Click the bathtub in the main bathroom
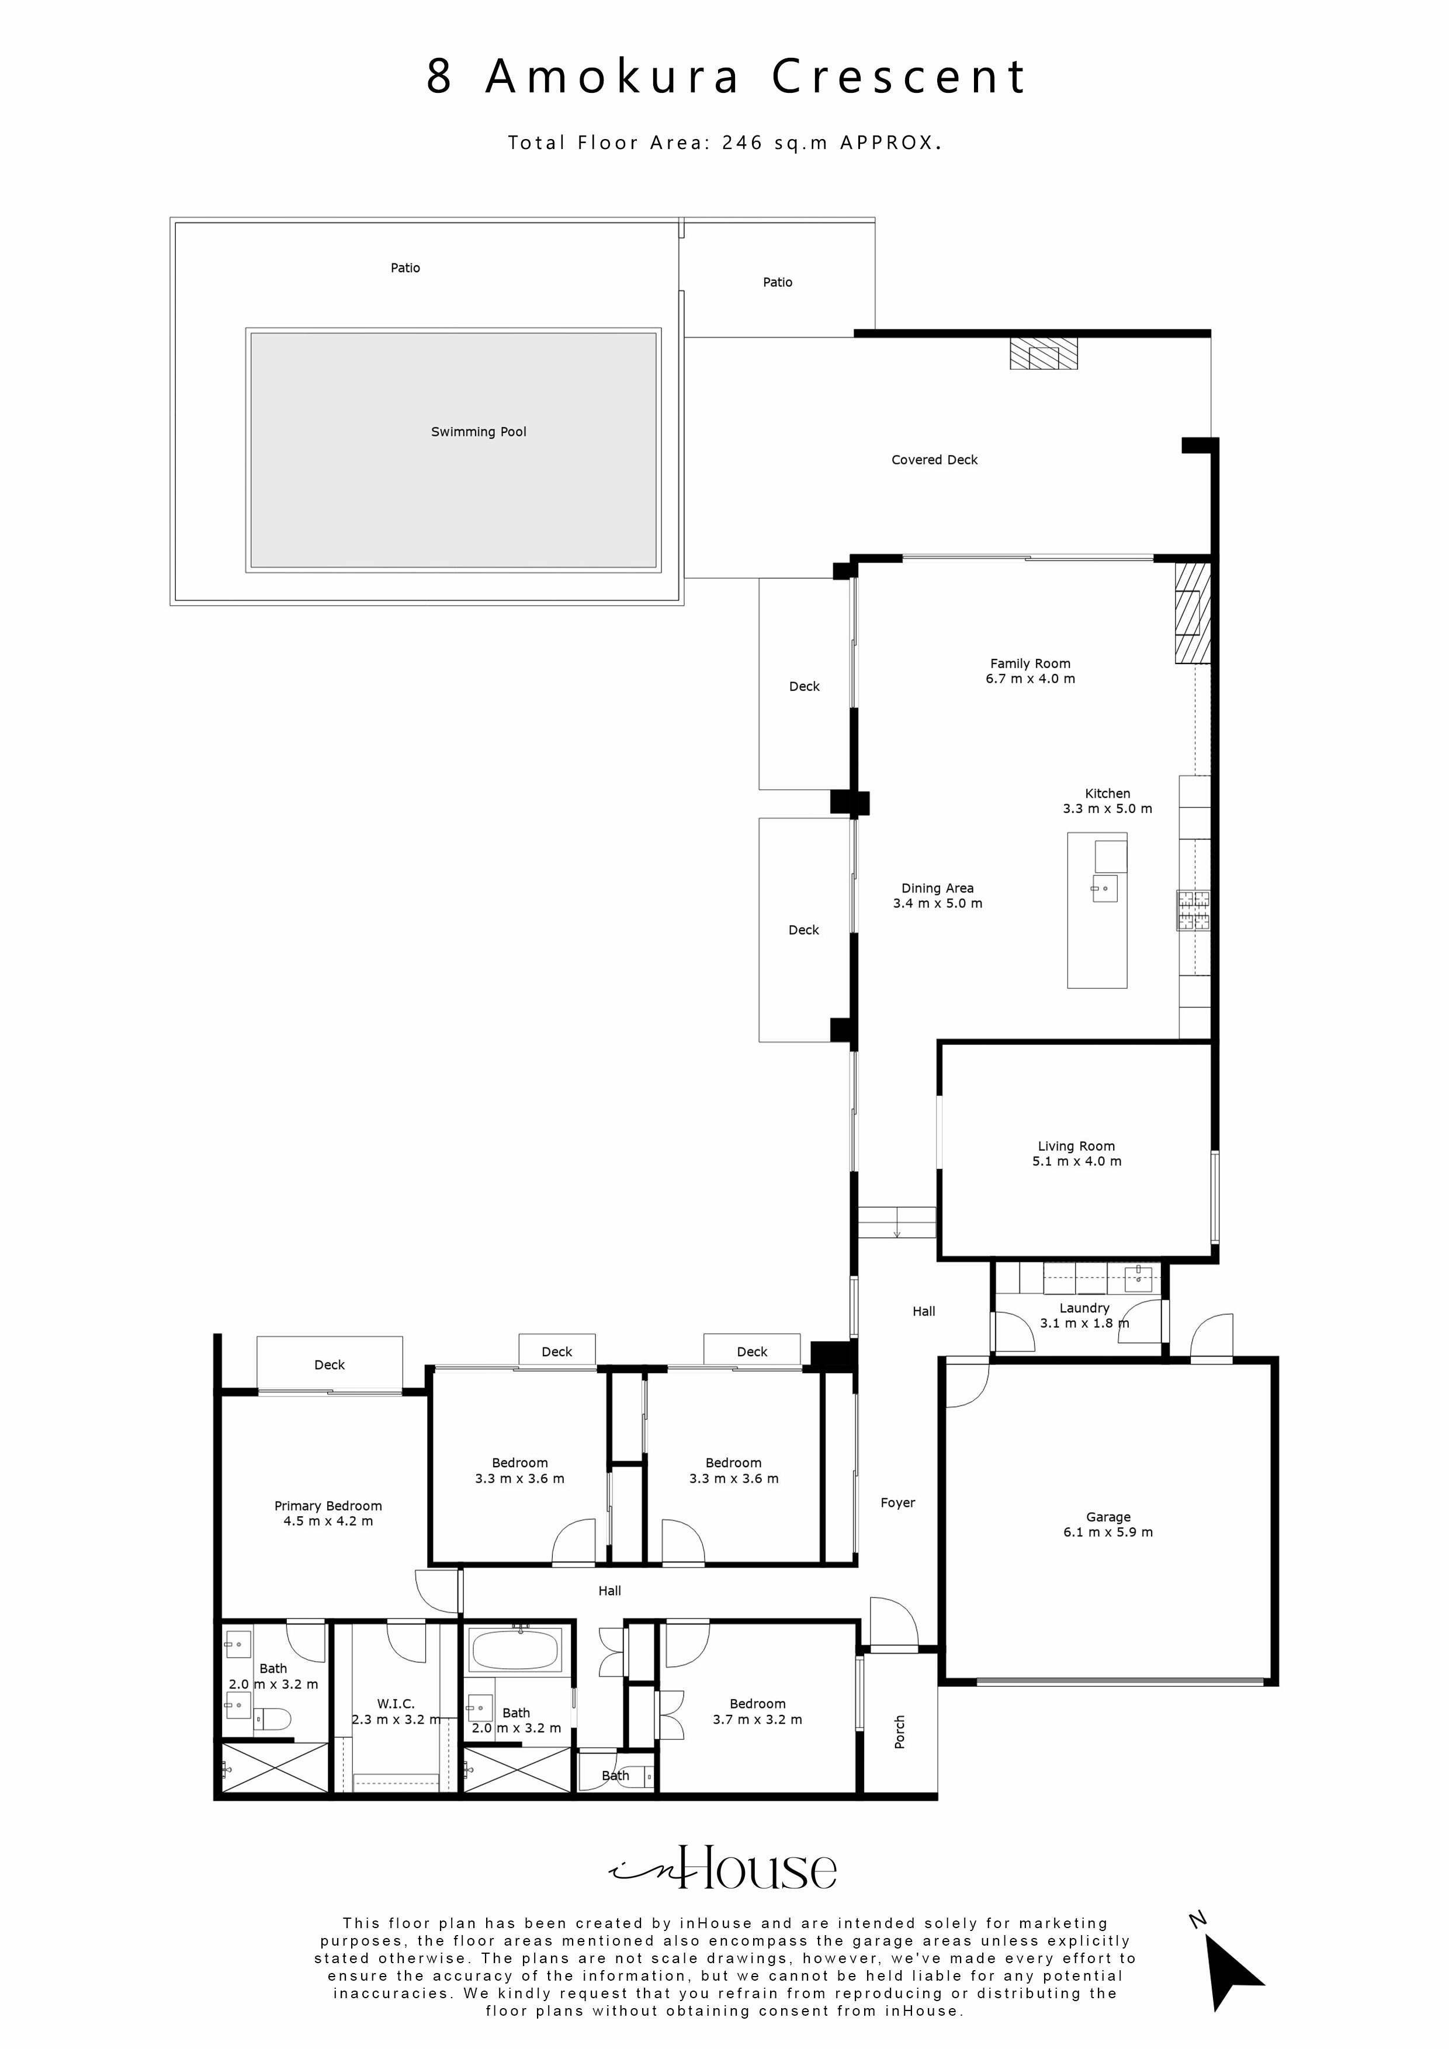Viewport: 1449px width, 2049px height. coord(515,1650)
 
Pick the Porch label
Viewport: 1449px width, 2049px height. coord(900,1732)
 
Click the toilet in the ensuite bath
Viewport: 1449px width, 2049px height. coord(273,1718)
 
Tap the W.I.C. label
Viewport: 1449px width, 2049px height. coord(396,1704)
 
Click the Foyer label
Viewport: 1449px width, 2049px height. coord(897,1503)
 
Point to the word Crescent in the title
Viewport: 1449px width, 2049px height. coord(899,77)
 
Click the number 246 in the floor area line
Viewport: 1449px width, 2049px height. coord(742,143)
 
